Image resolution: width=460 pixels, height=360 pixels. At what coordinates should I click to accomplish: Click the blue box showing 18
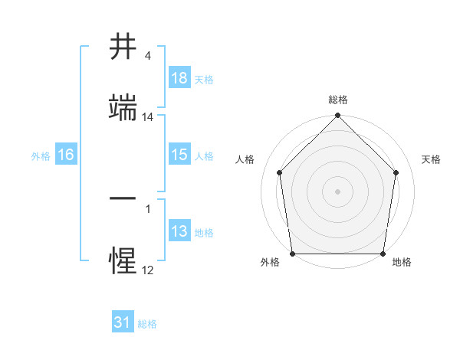[179, 78]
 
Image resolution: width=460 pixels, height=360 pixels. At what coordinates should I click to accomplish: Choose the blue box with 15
[179, 155]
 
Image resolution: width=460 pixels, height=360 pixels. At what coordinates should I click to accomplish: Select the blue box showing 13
[179, 231]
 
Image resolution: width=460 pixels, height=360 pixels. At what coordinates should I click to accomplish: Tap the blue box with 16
[66, 155]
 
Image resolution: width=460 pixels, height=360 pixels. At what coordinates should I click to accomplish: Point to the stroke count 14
[148, 117]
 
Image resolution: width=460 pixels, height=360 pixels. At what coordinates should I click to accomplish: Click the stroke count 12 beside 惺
[148, 270]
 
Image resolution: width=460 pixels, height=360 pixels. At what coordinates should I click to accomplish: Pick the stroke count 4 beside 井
[148, 57]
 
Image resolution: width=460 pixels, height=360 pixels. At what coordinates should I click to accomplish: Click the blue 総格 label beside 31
[147, 324]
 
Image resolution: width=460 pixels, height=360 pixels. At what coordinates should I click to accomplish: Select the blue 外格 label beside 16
[41, 156]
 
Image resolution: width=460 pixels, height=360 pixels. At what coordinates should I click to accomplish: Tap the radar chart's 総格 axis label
[338, 100]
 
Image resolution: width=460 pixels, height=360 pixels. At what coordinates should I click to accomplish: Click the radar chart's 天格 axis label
[432, 159]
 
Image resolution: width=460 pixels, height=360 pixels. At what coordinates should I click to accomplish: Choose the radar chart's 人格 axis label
[245, 159]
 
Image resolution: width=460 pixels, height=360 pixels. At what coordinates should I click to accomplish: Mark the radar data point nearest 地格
[383, 254]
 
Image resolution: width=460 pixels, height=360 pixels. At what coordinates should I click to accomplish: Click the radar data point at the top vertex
[338, 116]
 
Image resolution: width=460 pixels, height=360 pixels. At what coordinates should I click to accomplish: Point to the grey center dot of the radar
[338, 191]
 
